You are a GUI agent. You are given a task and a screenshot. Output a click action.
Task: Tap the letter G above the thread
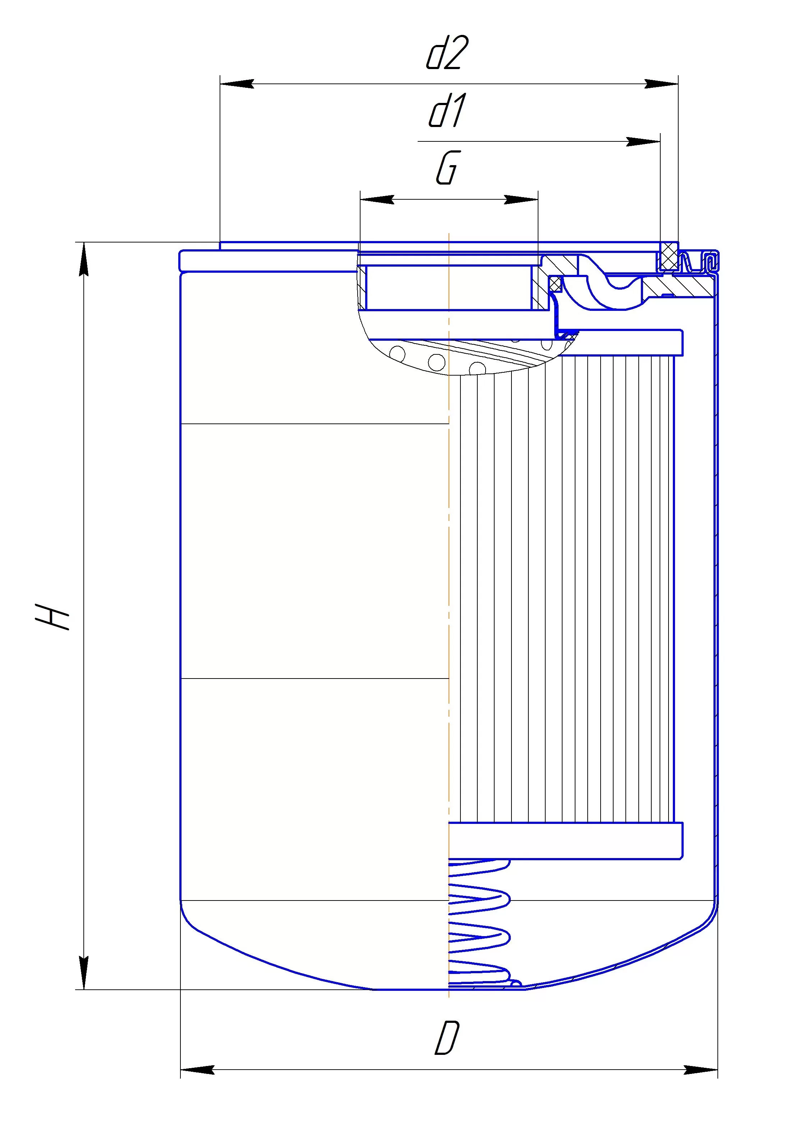pyautogui.click(x=447, y=168)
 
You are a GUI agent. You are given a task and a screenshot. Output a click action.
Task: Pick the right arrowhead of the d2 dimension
pyautogui.click(x=661, y=84)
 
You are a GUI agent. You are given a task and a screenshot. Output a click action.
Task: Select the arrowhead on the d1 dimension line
pyautogui.click(x=643, y=142)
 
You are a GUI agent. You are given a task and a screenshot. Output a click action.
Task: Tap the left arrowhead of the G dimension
pyautogui.click(x=377, y=200)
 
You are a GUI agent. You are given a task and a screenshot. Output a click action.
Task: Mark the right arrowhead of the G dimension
pyautogui.click(x=521, y=200)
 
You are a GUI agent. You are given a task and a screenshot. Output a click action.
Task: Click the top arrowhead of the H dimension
pyautogui.click(x=84, y=259)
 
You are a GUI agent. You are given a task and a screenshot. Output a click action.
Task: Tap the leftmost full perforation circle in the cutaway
pyautogui.click(x=396, y=353)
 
